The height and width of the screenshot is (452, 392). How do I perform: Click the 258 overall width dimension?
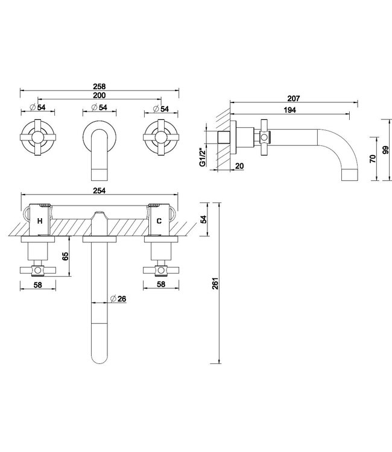click(x=100, y=86)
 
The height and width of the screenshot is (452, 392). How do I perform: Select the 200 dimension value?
click(x=100, y=95)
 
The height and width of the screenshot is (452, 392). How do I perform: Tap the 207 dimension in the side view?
click(x=293, y=98)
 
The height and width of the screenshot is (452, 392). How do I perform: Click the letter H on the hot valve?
click(x=39, y=221)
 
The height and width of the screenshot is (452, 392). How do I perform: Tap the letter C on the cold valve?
click(x=159, y=221)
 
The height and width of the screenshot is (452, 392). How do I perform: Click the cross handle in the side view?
click(x=263, y=138)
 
